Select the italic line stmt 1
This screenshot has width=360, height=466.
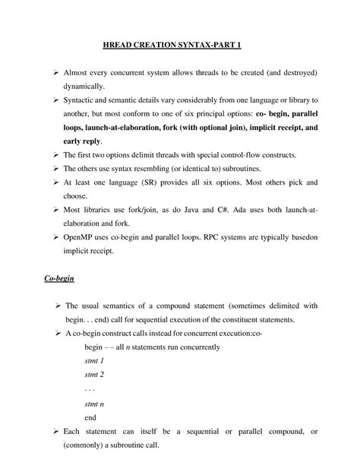(x=94, y=361)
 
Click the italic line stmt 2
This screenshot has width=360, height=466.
(x=94, y=375)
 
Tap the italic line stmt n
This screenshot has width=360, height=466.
(x=94, y=404)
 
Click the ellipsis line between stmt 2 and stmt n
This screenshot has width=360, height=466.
(x=90, y=389)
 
